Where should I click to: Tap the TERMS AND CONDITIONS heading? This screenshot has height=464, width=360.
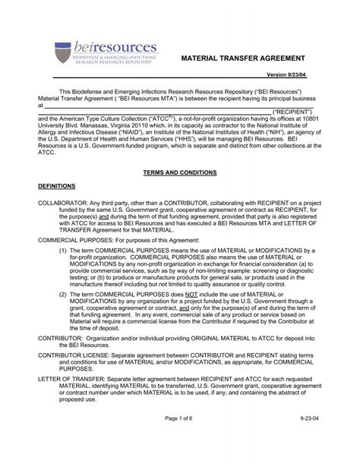point(179,172)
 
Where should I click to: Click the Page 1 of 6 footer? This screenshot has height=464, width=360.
point(180,440)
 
